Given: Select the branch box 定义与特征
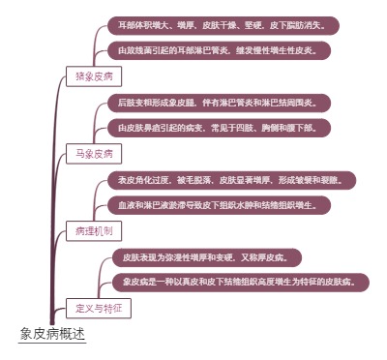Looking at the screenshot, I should point(100,308).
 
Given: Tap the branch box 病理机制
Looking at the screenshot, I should point(94,230).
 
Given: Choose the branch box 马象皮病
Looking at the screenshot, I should point(94,153).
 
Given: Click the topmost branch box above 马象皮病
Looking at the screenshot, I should point(94,75).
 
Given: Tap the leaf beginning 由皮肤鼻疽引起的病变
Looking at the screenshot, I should point(223,127).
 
